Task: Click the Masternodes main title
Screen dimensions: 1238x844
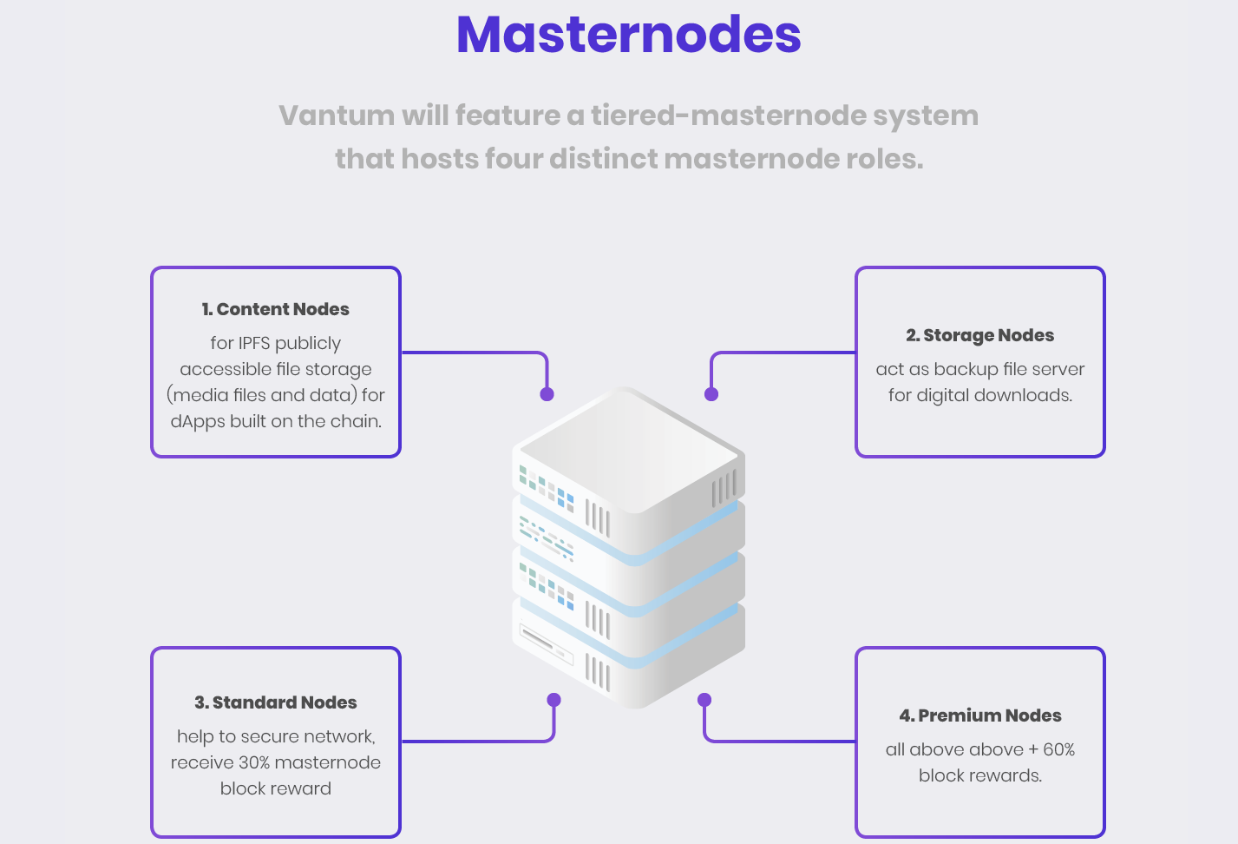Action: [x=628, y=35]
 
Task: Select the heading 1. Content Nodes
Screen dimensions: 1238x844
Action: [x=275, y=309]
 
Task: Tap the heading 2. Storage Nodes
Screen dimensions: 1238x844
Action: [x=979, y=335]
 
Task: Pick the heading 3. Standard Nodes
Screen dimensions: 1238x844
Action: [x=275, y=702]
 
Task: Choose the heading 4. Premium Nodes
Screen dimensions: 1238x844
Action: [x=979, y=715]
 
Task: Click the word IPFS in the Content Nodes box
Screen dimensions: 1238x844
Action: [x=253, y=344]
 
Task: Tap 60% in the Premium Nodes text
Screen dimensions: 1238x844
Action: [x=1059, y=749]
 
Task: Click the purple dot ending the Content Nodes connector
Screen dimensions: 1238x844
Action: [x=547, y=394]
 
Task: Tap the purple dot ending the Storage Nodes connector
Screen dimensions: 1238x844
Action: [x=711, y=394]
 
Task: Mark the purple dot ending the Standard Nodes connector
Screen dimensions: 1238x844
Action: [x=553, y=700]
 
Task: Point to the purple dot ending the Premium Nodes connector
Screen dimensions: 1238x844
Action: [x=704, y=700]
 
